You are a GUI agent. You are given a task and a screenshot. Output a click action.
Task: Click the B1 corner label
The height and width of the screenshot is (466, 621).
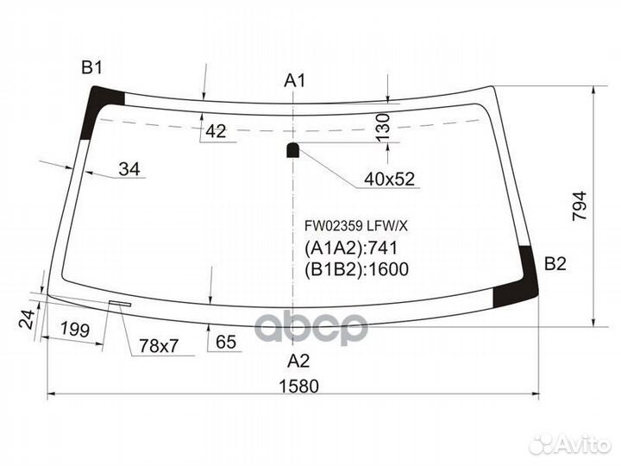coord(92,67)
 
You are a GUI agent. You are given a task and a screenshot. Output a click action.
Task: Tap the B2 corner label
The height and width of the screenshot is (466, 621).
coord(555,264)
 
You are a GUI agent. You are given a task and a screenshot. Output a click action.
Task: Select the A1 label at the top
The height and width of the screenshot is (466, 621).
coord(296,80)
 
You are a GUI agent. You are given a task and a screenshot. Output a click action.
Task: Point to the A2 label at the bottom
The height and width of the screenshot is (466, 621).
coord(298,360)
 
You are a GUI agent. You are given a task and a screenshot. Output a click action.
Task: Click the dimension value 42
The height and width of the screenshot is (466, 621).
coord(216,131)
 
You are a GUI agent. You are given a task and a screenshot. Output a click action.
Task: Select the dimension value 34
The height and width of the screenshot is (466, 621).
coord(129,169)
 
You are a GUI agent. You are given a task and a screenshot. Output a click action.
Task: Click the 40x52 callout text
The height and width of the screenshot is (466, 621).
coord(389,179)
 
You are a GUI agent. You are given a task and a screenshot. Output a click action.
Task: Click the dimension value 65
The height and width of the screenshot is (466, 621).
coord(226,342)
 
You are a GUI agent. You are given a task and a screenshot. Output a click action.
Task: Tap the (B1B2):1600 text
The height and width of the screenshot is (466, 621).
coord(355,268)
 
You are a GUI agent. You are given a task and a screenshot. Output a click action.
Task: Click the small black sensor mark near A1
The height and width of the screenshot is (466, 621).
coord(292,150)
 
